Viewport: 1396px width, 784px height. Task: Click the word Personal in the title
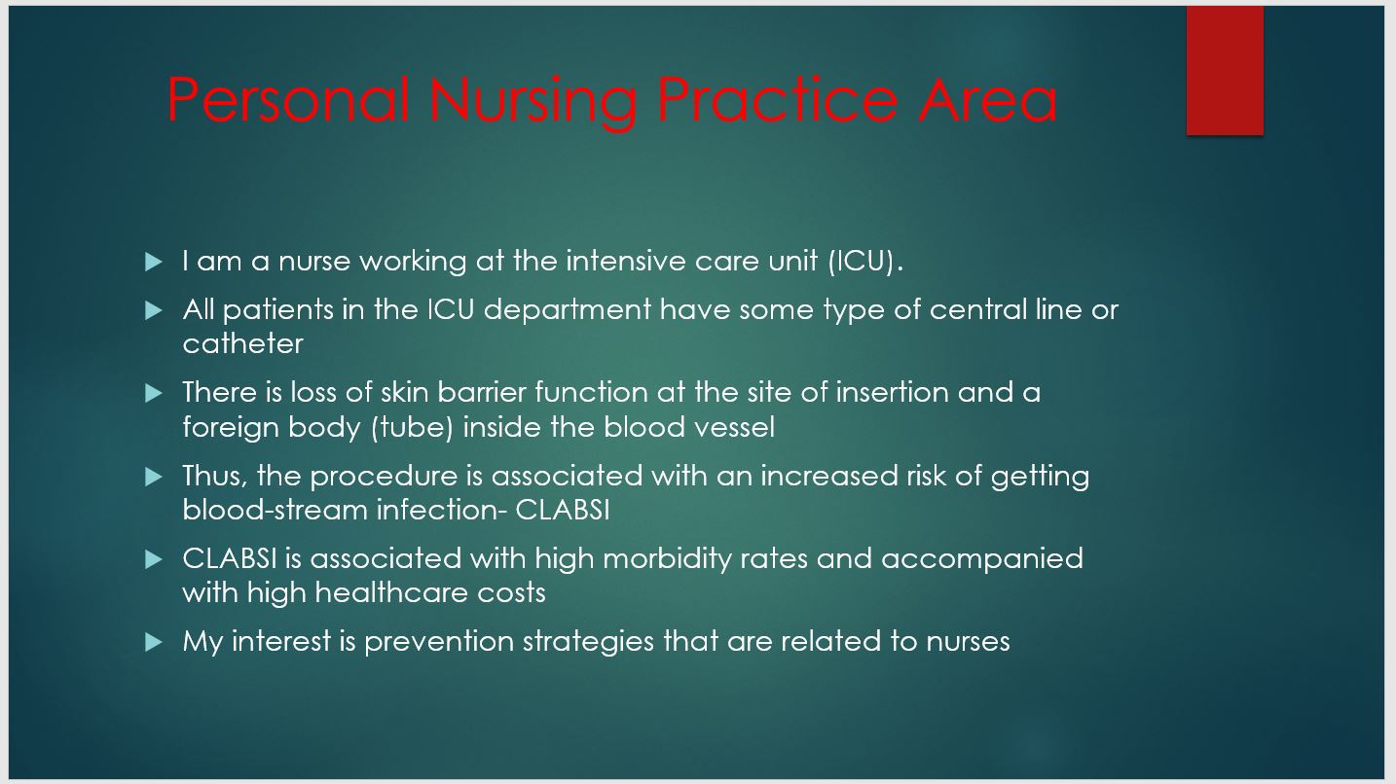tap(288, 99)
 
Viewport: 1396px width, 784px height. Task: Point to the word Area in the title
tap(988, 99)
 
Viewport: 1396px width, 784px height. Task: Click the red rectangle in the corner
tap(1225, 70)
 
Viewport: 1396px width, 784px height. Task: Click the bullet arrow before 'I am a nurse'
tap(153, 262)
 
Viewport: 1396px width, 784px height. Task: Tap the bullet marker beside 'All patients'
tap(153, 310)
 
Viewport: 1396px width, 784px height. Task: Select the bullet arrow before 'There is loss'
tap(153, 393)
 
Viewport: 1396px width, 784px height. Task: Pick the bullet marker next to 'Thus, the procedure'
tap(153, 477)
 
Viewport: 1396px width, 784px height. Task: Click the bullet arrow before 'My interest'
tap(153, 642)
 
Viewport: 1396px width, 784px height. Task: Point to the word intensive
tap(626, 261)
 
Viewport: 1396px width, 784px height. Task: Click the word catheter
tap(243, 343)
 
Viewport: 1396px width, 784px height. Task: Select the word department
tap(568, 310)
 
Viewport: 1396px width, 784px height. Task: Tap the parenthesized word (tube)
tap(412, 428)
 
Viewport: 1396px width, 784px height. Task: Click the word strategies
tap(588, 642)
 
